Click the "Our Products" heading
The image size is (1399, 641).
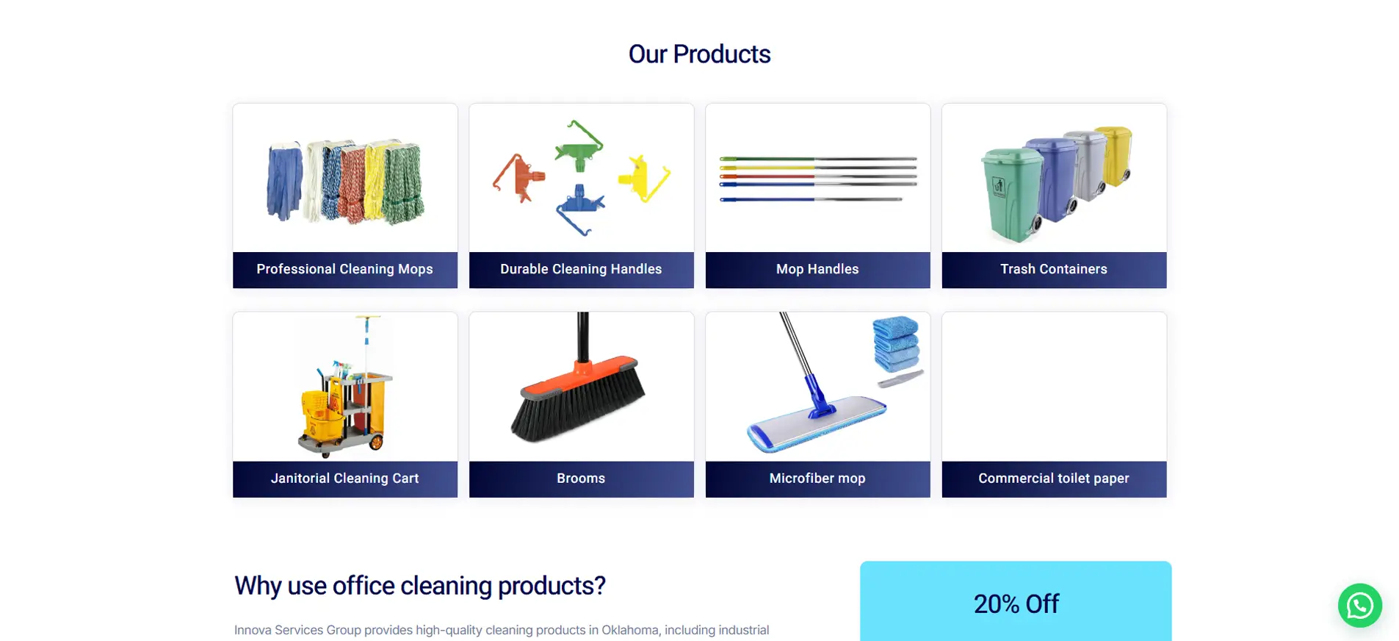tap(699, 54)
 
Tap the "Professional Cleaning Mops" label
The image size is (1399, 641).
tap(344, 269)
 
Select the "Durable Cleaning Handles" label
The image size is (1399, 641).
tap(581, 269)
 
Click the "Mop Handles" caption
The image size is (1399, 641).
tap(817, 269)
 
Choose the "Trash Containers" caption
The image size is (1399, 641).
tap(1054, 269)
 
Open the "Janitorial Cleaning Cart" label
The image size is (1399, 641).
tap(344, 478)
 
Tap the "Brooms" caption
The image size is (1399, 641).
tap(581, 478)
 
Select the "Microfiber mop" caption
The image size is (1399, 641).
tap(817, 478)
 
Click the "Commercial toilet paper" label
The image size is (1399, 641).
tap(1054, 478)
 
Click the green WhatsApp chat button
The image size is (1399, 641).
tap(1359, 605)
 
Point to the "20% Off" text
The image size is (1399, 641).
tap(1016, 604)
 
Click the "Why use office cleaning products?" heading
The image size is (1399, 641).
tap(419, 586)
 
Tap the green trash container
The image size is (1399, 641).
tap(1012, 195)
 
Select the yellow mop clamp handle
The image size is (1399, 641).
tap(643, 178)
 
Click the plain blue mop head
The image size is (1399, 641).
tap(284, 182)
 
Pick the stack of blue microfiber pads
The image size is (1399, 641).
tap(896, 343)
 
